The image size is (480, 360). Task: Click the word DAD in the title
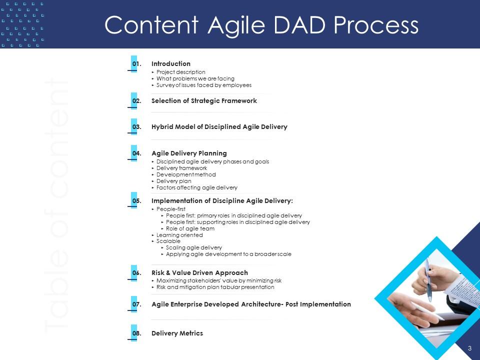coord(299,25)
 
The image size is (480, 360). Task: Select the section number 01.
coord(137,64)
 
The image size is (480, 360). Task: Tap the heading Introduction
coord(171,63)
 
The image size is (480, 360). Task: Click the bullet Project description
coord(180,72)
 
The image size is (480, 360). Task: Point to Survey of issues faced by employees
coord(204,85)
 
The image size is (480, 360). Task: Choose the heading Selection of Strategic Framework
coord(204,100)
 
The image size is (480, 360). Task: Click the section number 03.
coord(137,127)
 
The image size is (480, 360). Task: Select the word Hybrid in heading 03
coord(162,126)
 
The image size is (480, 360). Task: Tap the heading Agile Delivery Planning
coord(189,153)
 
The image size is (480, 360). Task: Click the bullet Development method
coord(186,174)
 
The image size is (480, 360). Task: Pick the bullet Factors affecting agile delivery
coord(197,187)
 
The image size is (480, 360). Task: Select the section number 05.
coord(137,201)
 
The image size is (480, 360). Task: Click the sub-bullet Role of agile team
coord(190,228)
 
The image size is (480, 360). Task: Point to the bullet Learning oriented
coord(179,235)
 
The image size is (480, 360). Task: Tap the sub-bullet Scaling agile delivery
coord(194,247)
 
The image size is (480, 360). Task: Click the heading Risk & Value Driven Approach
coord(199,273)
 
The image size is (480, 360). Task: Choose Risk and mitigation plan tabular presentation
coord(215,287)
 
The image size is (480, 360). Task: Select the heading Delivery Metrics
coord(177,333)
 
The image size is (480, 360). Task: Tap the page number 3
coord(470,348)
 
